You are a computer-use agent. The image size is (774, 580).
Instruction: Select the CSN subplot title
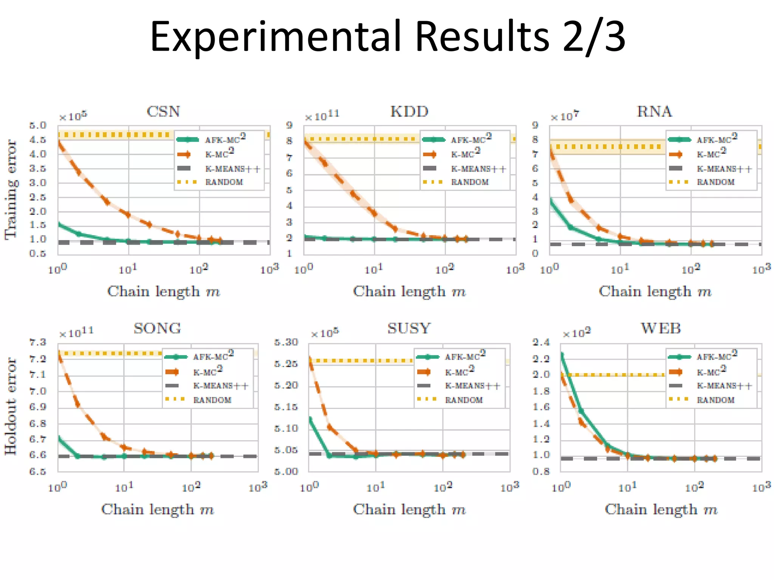[163, 112]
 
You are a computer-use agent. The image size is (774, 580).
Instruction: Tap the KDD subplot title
[409, 112]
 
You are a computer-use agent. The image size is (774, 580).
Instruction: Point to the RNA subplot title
[655, 112]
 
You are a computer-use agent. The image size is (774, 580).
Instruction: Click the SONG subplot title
[157, 329]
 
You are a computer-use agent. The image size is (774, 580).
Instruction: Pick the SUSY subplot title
[409, 329]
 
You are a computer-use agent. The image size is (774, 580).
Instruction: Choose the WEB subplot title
[661, 329]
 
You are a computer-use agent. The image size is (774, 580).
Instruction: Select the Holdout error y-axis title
[11, 406]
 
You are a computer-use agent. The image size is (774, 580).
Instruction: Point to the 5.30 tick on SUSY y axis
[286, 342]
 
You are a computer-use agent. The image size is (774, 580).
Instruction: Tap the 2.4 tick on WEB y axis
[541, 342]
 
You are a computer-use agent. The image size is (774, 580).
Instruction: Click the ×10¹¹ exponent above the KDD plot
[322, 116]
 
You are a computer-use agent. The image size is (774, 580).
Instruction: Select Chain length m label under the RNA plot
[655, 292]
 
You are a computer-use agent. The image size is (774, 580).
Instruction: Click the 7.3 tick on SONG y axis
[38, 342]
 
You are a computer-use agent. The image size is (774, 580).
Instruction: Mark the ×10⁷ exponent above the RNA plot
[565, 116]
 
